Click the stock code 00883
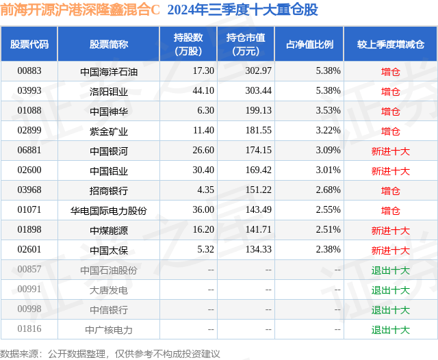click(29, 71)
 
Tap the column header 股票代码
click(29, 44)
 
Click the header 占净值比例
click(309, 44)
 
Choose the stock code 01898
click(29, 231)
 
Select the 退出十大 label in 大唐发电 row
click(390, 290)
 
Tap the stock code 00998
click(29, 310)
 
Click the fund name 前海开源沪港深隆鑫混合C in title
click(81, 11)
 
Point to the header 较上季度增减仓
click(390, 44)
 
